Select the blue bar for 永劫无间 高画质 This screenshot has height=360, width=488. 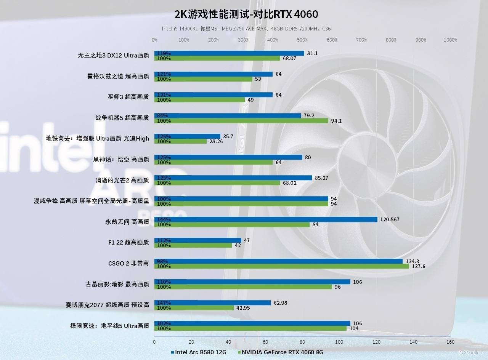(x=266, y=219)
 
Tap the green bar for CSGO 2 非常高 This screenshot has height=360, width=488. (x=281, y=266)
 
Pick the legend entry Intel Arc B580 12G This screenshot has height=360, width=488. (x=199, y=352)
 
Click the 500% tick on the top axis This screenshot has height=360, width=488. (x=302, y=40)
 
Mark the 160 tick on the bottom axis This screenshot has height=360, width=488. (x=450, y=342)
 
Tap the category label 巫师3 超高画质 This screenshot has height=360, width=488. (x=128, y=97)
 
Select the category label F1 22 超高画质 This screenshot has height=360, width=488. (x=128, y=242)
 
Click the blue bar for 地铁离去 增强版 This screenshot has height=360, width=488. (x=187, y=136)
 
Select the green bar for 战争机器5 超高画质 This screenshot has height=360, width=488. (x=241, y=121)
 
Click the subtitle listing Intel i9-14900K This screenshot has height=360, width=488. (x=246, y=29)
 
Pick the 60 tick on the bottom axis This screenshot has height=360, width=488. (x=265, y=342)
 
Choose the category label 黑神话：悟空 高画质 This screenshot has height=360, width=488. (x=121, y=159)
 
